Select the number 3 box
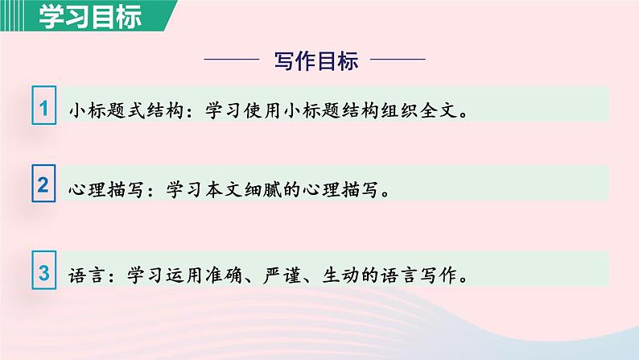pos(45,271)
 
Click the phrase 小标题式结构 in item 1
pos(126,111)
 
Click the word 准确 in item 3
pos(223,275)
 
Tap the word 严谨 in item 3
pos(282,275)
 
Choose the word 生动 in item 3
pos(340,275)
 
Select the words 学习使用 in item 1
pos(244,111)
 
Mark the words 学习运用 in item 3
pos(165,275)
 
